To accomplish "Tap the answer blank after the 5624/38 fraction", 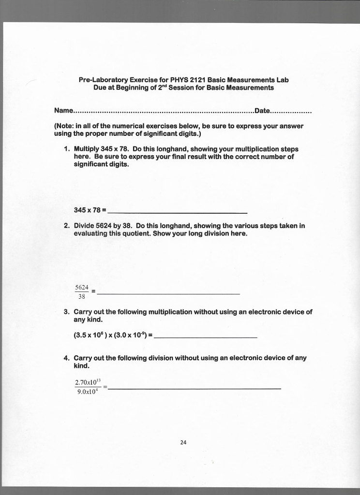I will click(169, 293).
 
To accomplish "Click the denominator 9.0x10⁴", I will click(88, 393).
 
